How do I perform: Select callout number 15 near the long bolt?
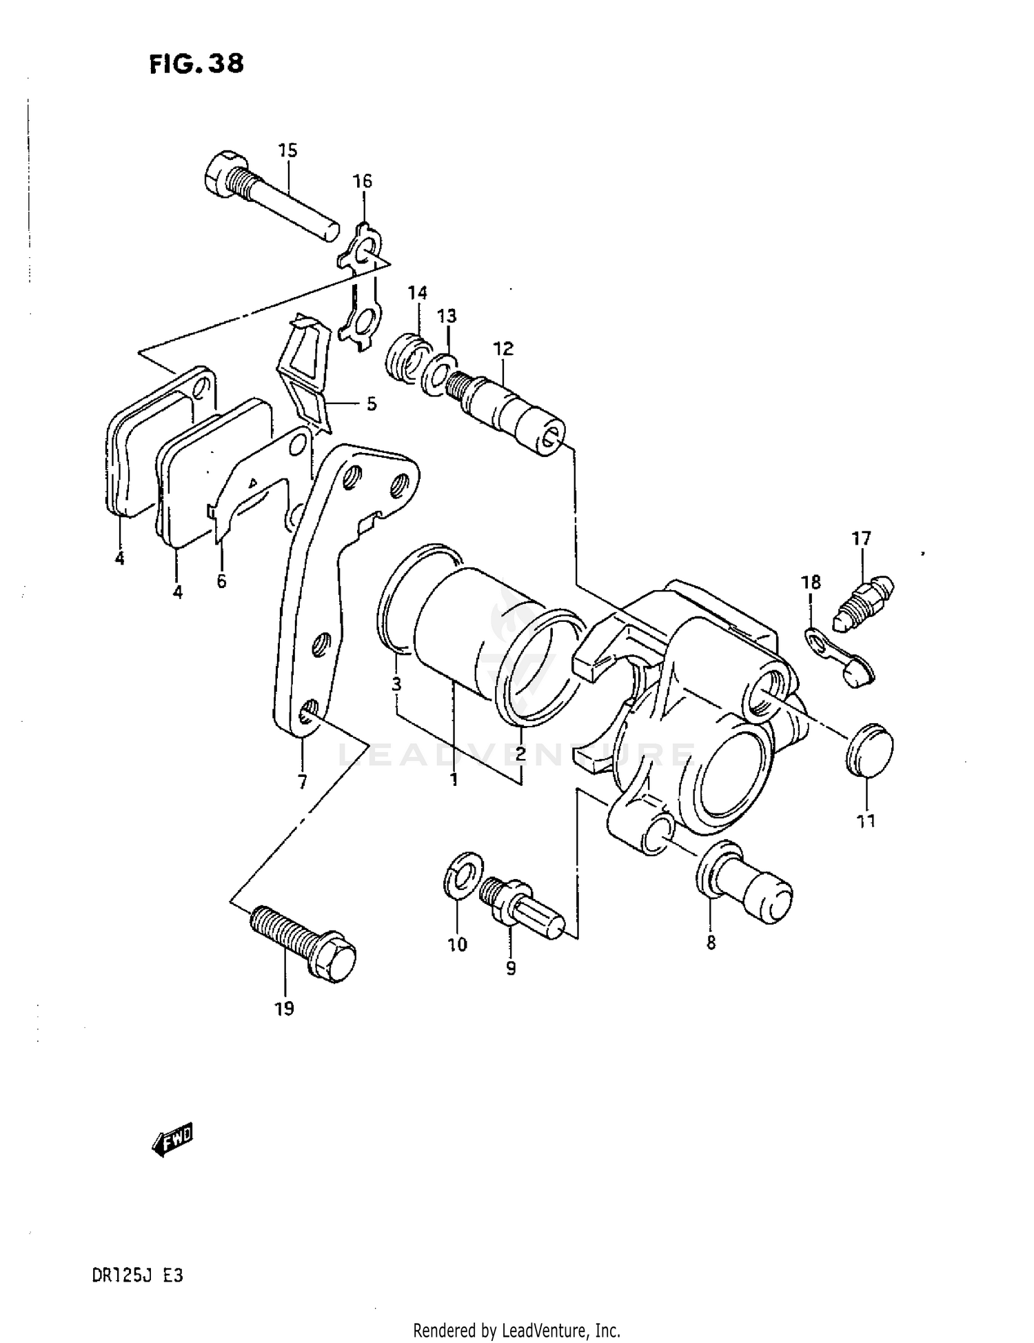pos(287,150)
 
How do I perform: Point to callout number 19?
pos(284,1009)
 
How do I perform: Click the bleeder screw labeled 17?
pos(864,599)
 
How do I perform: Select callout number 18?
pos(811,583)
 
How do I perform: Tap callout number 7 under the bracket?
pos(302,782)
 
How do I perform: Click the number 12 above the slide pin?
pos(503,348)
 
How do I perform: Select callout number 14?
pos(417,293)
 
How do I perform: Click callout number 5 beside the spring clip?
pos(372,404)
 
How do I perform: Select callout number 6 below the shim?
pos(221,581)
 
